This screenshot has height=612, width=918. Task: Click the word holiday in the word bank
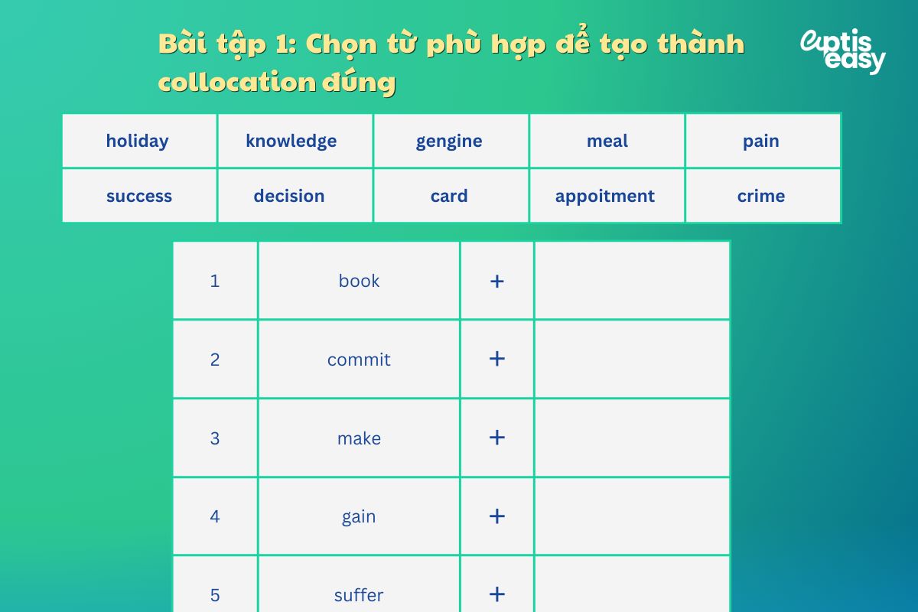(x=138, y=141)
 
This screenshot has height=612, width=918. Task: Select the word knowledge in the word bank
(x=291, y=141)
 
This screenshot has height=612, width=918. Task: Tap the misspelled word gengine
(x=449, y=141)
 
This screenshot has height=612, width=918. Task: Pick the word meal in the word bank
(x=607, y=141)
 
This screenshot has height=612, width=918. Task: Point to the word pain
(x=761, y=141)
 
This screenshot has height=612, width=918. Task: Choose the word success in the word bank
(x=139, y=196)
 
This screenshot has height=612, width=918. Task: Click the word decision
(x=289, y=196)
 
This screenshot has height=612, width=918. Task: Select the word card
(x=449, y=196)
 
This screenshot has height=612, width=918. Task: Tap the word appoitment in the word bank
(x=605, y=196)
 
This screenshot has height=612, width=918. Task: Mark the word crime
(x=761, y=196)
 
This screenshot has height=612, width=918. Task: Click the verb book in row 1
(x=359, y=281)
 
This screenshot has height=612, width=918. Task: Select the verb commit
(x=359, y=360)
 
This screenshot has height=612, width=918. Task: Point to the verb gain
(x=359, y=516)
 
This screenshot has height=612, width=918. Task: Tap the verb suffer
(x=359, y=595)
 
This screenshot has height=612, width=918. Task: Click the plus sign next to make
(x=497, y=438)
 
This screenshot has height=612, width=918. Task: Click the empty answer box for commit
(x=632, y=360)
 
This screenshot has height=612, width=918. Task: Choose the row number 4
(x=215, y=516)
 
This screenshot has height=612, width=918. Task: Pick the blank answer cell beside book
(x=632, y=281)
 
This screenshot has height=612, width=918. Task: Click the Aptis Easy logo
(x=842, y=51)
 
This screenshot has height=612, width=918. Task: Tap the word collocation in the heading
(x=236, y=82)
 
